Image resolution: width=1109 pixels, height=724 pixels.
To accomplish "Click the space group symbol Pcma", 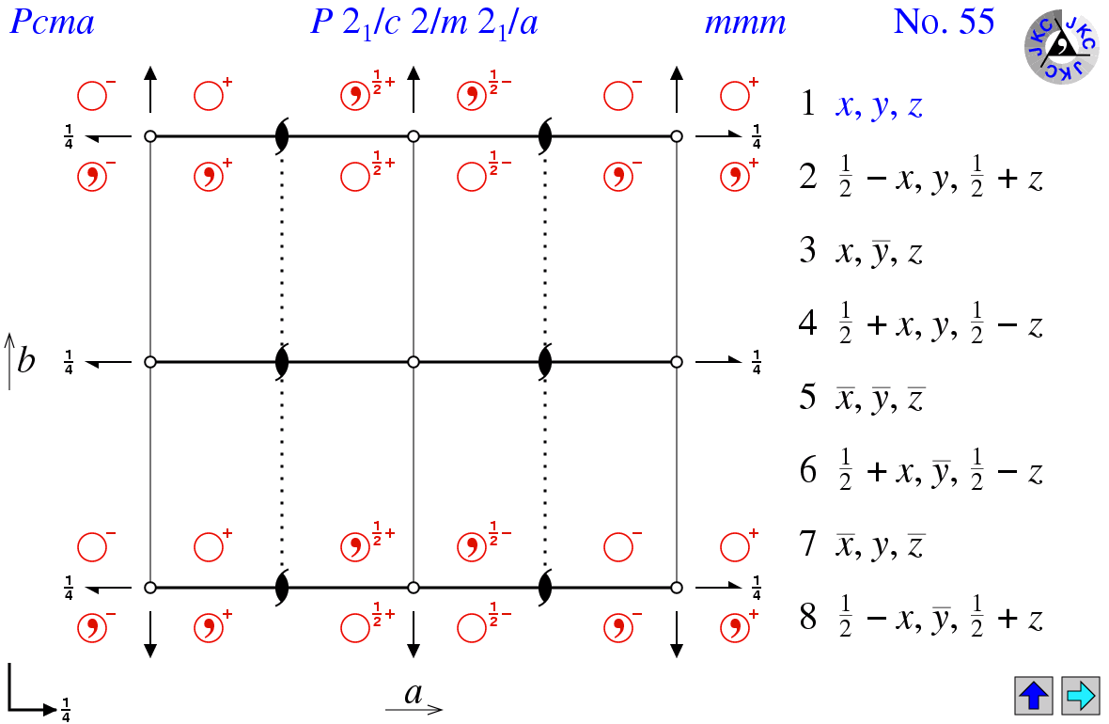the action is (52, 22).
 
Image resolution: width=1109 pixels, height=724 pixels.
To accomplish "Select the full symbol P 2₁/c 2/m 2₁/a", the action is (425, 24).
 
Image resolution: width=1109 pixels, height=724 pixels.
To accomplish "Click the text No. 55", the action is (945, 22).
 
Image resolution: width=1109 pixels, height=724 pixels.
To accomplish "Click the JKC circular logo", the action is (1061, 46).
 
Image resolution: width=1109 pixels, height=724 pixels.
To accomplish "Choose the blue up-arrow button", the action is (1033, 695).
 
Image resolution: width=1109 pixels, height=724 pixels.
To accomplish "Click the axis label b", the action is (25, 361).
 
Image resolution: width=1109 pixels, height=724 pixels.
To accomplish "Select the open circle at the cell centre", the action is (414, 362).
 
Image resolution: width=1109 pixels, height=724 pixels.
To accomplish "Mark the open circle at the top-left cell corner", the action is (150, 136).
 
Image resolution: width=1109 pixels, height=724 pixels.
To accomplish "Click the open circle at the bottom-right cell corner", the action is (676, 588).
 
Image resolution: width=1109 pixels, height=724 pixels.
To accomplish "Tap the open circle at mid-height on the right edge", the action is (676, 362).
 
